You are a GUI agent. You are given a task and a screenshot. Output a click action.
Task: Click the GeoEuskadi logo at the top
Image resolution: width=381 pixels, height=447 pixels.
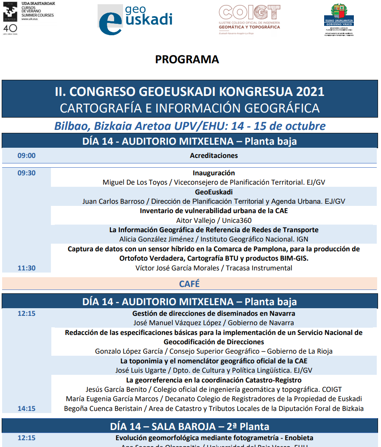point(135,20)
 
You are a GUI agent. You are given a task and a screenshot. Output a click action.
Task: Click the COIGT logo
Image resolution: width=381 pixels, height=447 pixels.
point(249,19)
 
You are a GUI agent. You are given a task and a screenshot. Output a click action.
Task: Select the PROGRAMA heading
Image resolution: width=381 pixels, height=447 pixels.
point(187,59)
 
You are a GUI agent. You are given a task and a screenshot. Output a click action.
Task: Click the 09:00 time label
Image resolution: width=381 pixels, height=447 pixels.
point(26,155)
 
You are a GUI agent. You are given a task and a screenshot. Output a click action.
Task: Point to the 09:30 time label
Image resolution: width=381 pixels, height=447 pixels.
point(26,173)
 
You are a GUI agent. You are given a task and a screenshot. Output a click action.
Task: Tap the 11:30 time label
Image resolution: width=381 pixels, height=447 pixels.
point(26,268)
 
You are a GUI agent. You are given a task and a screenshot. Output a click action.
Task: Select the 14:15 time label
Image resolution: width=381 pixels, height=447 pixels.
point(26,408)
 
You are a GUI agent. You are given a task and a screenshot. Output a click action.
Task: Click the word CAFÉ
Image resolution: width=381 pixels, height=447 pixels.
point(189,284)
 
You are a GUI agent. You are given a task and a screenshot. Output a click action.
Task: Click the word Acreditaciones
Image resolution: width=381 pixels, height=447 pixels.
point(214,155)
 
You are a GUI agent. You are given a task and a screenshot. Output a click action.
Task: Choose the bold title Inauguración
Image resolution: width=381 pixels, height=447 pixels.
point(214,173)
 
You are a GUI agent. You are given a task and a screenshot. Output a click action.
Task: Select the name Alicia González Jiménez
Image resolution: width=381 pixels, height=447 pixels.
point(157,239)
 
